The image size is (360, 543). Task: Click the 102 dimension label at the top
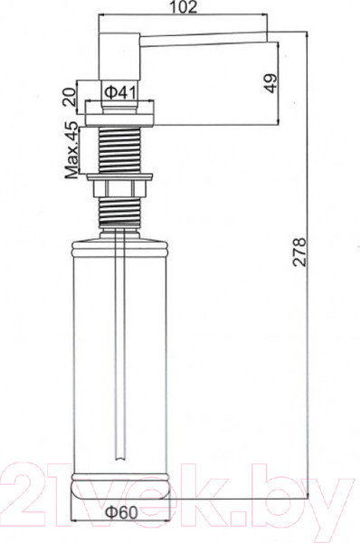point(184,7)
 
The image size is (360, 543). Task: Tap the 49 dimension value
point(270,83)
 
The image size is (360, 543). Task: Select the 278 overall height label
point(299,252)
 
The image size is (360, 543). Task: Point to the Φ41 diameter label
point(120,93)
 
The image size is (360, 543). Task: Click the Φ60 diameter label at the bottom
point(121,512)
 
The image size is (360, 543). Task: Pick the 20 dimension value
point(70,97)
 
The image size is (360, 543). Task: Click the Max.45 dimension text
point(72,150)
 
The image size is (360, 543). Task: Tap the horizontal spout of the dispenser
point(204,38)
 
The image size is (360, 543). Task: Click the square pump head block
point(119,56)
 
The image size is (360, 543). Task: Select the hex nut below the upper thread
point(119,188)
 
